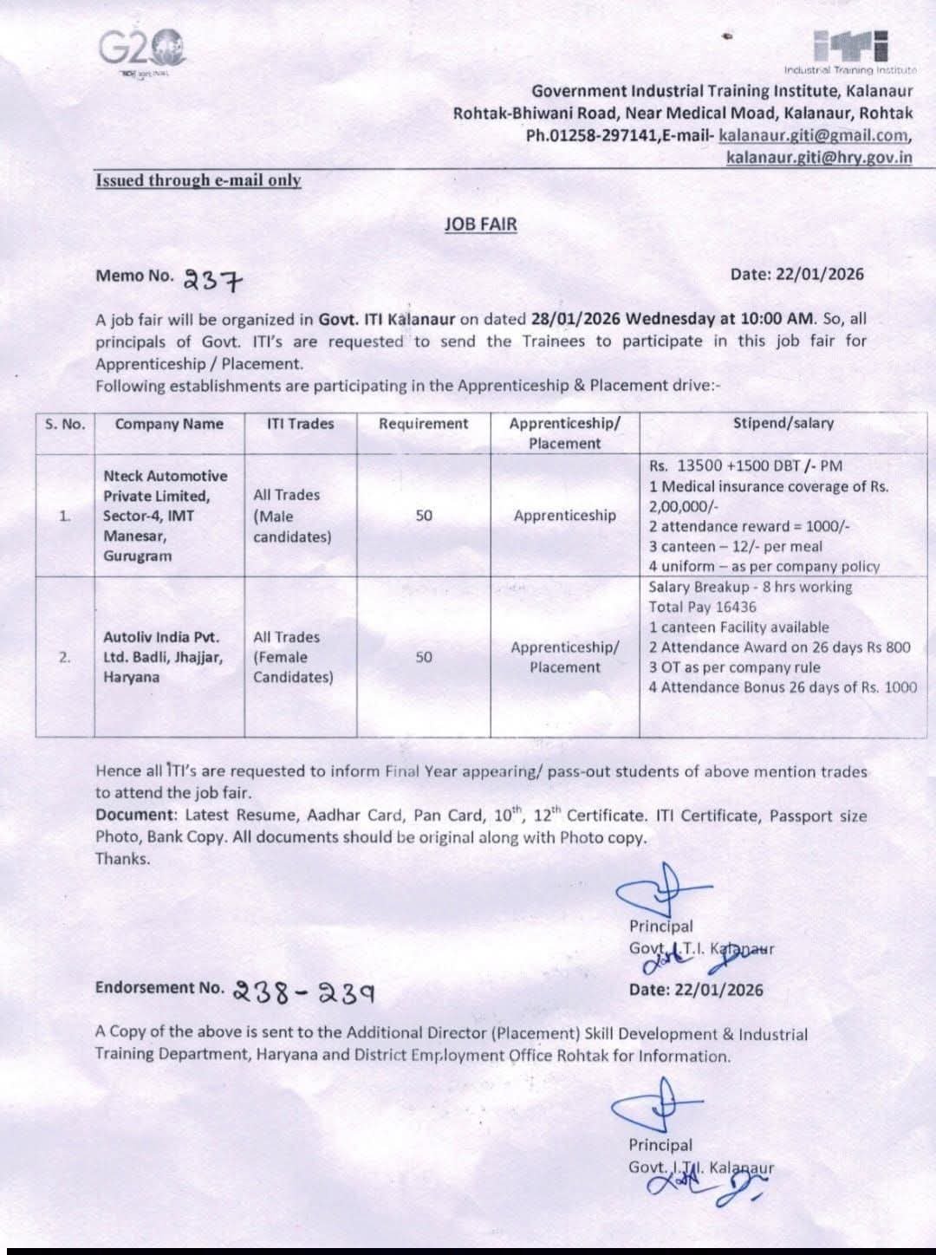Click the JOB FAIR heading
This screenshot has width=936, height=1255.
point(480,224)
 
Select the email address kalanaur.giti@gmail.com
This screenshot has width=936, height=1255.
point(815,135)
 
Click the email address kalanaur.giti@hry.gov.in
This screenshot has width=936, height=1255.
point(819,157)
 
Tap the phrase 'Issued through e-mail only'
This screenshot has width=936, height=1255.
point(198,180)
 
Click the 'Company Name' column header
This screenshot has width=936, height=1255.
point(169,424)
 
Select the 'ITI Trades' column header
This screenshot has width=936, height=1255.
point(300,424)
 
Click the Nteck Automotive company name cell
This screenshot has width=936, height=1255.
point(166,516)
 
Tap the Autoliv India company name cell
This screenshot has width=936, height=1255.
point(163,657)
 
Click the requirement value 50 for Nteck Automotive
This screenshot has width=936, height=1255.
point(423,516)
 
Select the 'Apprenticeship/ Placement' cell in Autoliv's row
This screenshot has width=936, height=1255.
point(565,657)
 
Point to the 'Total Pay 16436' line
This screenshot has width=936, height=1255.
point(702,607)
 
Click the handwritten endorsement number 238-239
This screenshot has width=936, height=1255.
point(303,992)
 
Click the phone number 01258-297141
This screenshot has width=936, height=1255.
point(601,135)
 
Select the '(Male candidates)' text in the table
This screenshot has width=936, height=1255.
point(291,526)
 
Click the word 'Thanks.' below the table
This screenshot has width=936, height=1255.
point(122,859)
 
